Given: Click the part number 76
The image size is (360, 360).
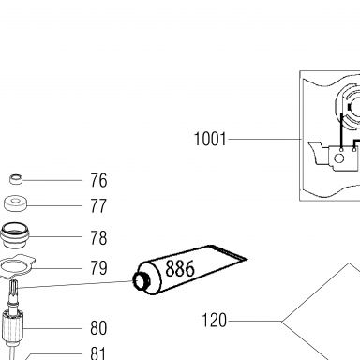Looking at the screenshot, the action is (x=98, y=180).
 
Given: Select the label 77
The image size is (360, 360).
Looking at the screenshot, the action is (x=98, y=206).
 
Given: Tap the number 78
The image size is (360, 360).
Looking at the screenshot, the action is (x=98, y=238).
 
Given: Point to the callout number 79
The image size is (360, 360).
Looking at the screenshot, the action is (x=98, y=268).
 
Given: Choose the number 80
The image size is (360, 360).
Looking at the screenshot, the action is (x=98, y=328).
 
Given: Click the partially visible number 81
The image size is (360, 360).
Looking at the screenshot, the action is (x=98, y=353).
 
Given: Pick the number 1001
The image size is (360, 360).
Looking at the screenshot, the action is (x=210, y=139).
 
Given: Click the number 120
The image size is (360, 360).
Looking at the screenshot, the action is (x=214, y=321).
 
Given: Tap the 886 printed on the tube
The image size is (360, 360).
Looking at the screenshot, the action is (x=180, y=268).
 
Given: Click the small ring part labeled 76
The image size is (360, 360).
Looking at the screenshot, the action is (x=16, y=179).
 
